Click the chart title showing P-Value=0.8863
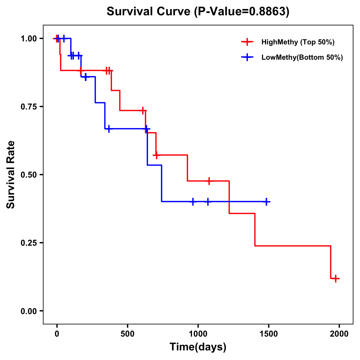[x=198, y=11]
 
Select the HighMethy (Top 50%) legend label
[x=298, y=42]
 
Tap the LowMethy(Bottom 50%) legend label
[x=302, y=57]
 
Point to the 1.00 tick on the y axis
[x=28, y=38]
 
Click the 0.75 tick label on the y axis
[x=28, y=106]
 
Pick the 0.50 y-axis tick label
[x=28, y=175]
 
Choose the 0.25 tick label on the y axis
[x=28, y=243]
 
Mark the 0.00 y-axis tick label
[x=28, y=311]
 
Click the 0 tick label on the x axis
[x=57, y=334]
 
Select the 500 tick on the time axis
[x=127, y=334]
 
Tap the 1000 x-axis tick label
[x=198, y=334]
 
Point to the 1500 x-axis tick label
[x=269, y=334]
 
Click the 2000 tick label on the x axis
[x=339, y=334]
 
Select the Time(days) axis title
[x=198, y=347]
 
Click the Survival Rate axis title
[x=11, y=175]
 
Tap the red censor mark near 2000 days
[x=336, y=278]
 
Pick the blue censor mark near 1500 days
[x=266, y=202]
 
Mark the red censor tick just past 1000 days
[x=209, y=181]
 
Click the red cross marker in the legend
[x=247, y=42]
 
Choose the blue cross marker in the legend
[x=247, y=57]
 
